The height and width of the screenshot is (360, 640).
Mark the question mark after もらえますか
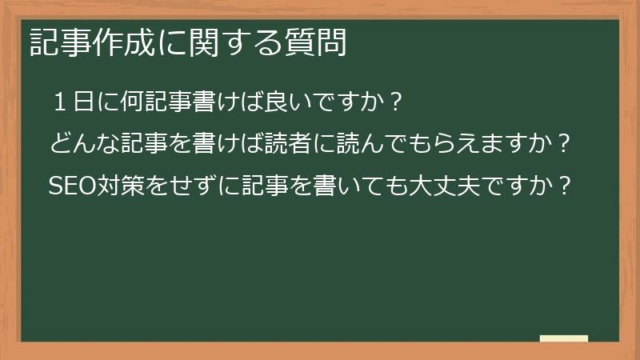click(563, 145)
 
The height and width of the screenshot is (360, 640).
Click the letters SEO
click(72, 186)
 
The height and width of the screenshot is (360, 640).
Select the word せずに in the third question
click(202, 186)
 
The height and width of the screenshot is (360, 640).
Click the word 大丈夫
click(442, 186)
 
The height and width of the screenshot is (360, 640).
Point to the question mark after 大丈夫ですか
click(564, 186)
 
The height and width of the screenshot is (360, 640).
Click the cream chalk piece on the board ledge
click(563, 338)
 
